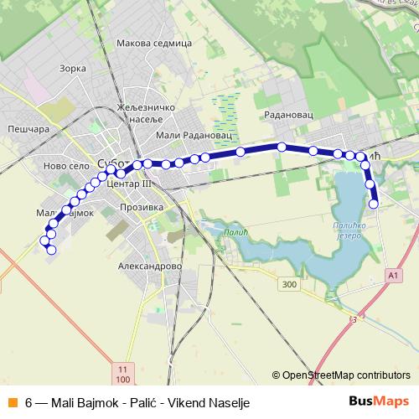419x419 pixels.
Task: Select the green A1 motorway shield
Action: click(394, 274)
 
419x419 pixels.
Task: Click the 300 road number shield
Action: click(290, 285)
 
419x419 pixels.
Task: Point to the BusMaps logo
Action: click(378, 401)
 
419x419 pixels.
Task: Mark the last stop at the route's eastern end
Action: click(374, 203)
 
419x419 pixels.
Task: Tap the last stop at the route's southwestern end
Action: click(51, 250)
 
